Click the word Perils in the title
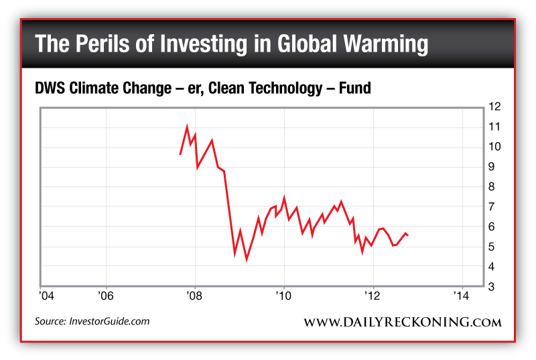click(103, 44)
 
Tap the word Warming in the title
click(385, 44)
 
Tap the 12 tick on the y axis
click(495, 107)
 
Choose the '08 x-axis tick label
click(194, 296)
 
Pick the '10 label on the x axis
click(283, 296)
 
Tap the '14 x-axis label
click(461, 296)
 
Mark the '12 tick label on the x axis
click(373, 296)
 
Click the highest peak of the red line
click(187, 127)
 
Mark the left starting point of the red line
click(180, 154)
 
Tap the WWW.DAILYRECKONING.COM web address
click(402, 322)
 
